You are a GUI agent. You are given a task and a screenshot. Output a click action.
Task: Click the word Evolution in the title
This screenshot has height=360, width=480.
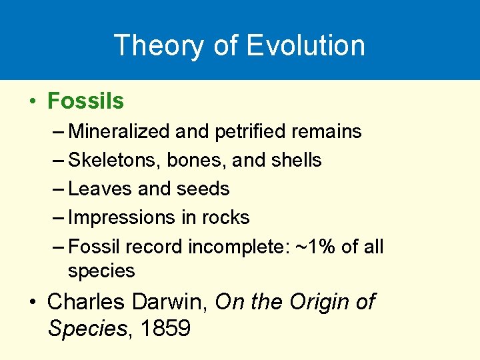tap(305, 45)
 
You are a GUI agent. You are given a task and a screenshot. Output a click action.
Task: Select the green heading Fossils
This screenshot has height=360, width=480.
tap(86, 101)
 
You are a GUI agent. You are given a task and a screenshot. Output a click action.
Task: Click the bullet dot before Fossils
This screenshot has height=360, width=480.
tap(32, 102)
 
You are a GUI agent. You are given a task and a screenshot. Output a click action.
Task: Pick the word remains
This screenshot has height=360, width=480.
tap(327, 131)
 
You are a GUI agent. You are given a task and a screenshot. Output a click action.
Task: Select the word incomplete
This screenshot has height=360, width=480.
tap(237, 247)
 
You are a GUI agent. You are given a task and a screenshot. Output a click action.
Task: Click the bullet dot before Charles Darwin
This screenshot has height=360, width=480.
tap(32, 303)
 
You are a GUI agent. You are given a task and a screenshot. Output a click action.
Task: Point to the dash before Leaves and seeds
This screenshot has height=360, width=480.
tap(58, 189)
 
